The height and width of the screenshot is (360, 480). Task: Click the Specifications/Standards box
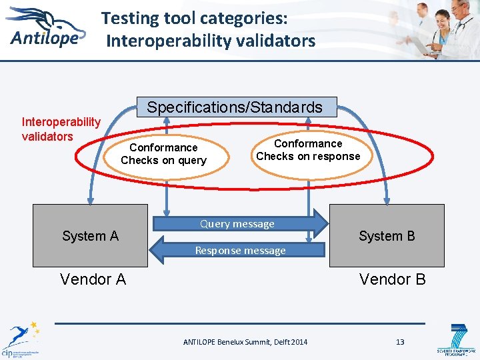235,107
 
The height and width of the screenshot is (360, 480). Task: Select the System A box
89,235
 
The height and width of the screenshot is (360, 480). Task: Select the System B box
387,235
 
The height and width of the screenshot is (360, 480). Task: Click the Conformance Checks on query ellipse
164,154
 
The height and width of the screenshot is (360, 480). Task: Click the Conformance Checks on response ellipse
308,150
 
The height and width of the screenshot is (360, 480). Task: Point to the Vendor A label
93,279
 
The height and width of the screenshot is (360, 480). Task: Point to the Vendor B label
392,279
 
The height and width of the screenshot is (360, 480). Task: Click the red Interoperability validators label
61,129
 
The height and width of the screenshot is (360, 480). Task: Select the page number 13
400,342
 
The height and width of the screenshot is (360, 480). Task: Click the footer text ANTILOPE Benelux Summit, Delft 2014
245,342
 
